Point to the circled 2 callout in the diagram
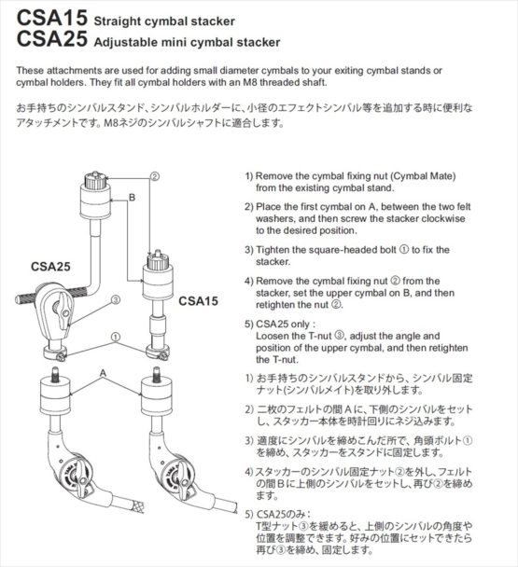click(x=155, y=174)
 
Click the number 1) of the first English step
click(x=249, y=175)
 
